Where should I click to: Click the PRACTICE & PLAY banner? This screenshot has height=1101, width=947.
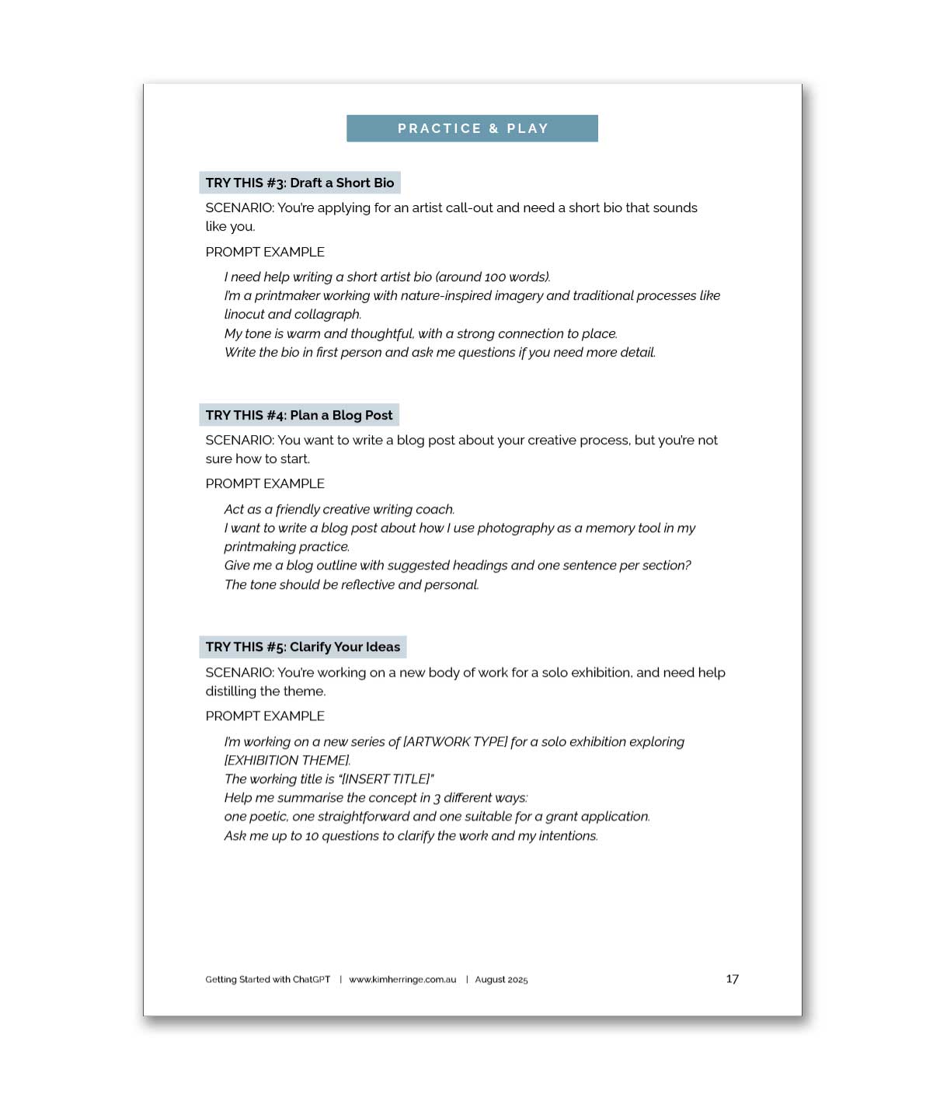tap(472, 128)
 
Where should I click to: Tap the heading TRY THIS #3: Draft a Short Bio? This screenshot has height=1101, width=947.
tap(300, 183)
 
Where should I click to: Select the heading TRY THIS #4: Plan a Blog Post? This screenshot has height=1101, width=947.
tap(299, 415)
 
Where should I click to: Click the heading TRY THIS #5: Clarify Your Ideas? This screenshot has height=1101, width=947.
tap(303, 646)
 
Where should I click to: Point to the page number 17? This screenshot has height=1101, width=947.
tap(732, 979)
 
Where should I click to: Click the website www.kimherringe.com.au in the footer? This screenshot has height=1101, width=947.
tap(402, 980)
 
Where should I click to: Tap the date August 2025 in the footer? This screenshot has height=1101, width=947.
tap(501, 980)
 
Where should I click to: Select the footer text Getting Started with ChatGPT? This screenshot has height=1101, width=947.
tap(267, 980)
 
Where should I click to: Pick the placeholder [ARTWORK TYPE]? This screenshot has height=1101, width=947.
tap(455, 741)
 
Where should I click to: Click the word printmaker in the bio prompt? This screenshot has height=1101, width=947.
tap(287, 295)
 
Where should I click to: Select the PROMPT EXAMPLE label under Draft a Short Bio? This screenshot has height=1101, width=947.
tap(265, 252)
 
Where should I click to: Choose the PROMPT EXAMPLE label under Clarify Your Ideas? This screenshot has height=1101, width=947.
tap(265, 716)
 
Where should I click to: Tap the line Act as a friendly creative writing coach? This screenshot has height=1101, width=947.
tap(339, 509)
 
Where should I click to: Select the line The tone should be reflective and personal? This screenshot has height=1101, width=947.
tap(351, 584)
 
